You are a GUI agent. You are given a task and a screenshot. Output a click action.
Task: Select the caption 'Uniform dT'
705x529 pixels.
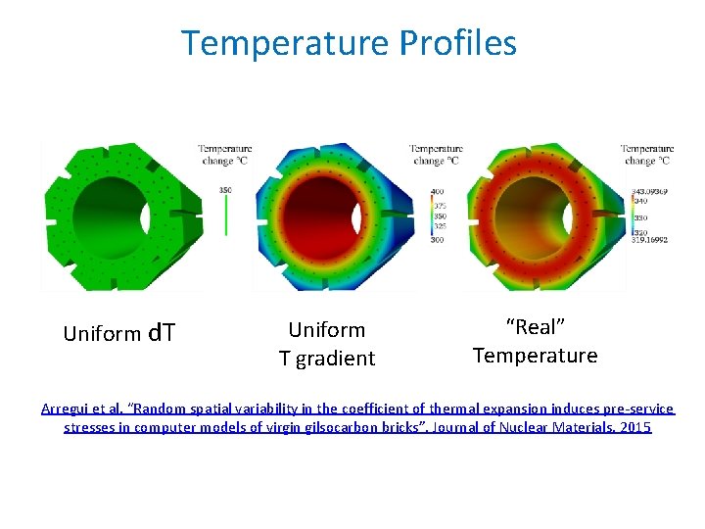coord(118,333)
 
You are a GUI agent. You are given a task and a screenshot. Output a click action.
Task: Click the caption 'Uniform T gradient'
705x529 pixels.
coord(327,344)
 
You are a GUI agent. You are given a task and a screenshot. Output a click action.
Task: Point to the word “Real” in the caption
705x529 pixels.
coord(535,326)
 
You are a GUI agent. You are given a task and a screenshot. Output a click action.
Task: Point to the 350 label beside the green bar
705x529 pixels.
coord(225,189)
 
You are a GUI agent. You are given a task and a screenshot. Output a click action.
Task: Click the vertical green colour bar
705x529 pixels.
coord(226,216)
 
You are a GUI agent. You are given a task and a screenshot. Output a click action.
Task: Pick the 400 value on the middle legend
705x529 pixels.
coord(438,191)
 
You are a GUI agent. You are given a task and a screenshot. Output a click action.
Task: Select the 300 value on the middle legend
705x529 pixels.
coord(438,240)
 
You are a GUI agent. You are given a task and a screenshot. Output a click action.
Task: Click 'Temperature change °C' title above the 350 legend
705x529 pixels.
coord(225,155)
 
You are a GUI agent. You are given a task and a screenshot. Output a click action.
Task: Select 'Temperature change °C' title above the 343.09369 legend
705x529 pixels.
coord(647,155)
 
